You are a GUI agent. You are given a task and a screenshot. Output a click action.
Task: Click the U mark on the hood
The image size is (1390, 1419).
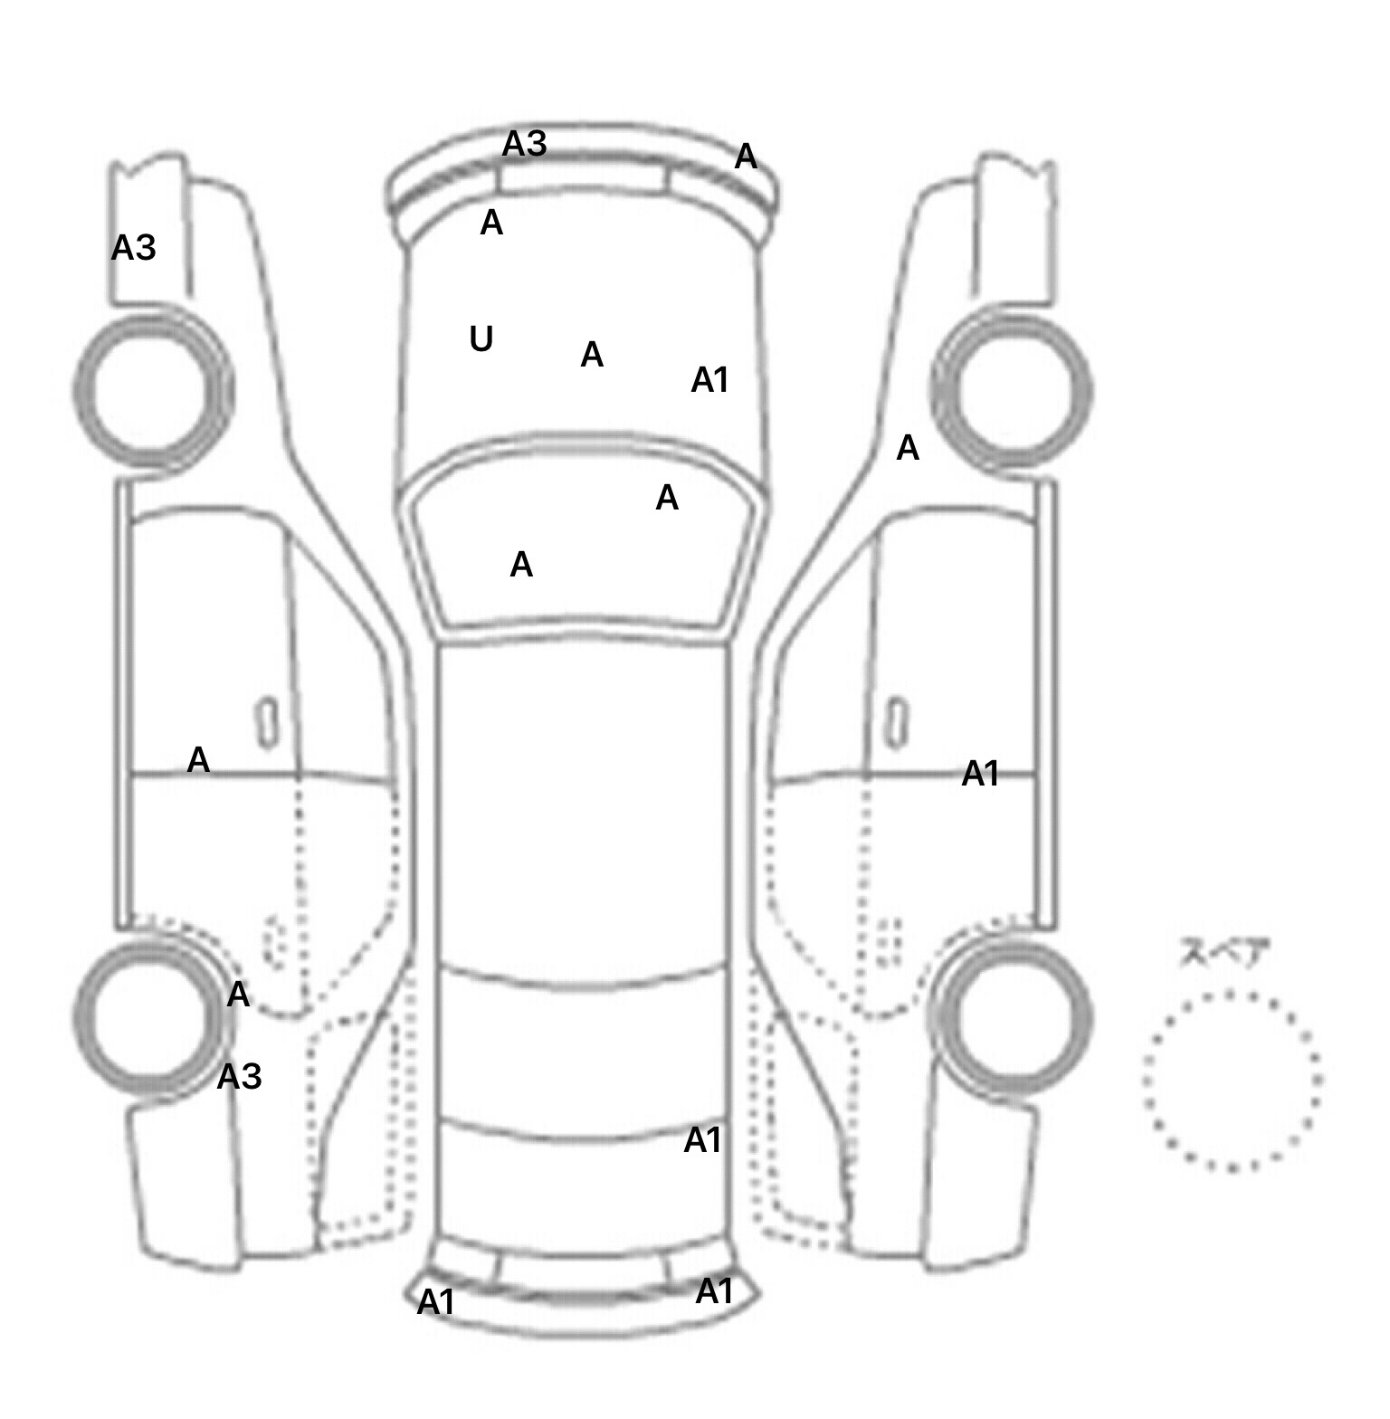[x=481, y=339]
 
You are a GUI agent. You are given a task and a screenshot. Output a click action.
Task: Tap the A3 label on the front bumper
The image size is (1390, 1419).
[x=525, y=143]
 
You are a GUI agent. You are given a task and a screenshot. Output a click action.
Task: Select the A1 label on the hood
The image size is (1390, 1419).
[x=709, y=380]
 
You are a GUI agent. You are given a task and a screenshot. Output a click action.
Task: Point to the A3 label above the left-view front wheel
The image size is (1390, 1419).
[x=134, y=247]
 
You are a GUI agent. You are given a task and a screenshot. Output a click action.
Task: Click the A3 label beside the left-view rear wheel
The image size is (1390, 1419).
[x=240, y=1077]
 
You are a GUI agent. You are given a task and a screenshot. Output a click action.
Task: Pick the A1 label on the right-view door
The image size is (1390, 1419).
[x=980, y=774]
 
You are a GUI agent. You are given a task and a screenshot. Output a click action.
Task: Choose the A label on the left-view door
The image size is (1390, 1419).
[x=198, y=759]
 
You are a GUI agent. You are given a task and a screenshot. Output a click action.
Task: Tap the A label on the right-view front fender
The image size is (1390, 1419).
[x=908, y=448]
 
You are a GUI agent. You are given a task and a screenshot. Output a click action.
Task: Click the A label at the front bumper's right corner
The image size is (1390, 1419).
[x=746, y=157]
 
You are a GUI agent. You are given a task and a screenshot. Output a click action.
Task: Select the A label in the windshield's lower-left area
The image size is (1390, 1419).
[x=521, y=565]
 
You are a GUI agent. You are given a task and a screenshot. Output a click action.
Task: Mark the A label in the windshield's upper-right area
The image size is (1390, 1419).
[x=667, y=497]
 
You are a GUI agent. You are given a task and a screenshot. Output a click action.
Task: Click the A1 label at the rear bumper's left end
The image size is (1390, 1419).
[x=435, y=1302]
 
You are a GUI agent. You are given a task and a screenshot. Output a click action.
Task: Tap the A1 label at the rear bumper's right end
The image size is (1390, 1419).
[x=714, y=1291]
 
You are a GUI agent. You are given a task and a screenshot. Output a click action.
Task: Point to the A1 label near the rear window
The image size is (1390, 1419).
[x=702, y=1140]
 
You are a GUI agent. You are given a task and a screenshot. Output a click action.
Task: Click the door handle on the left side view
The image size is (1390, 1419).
[x=268, y=724]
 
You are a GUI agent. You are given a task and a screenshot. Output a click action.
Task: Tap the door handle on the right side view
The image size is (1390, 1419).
[x=896, y=724]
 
